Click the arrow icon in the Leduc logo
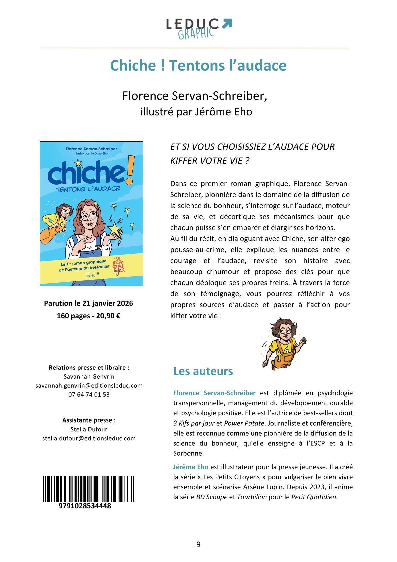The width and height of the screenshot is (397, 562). [x=227, y=24]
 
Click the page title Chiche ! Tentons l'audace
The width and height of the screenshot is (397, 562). [x=198, y=65]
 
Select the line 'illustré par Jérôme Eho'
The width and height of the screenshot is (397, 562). [x=196, y=112]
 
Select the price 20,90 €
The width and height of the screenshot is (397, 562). [x=108, y=316]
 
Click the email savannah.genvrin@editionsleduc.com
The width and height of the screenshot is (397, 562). [x=89, y=386]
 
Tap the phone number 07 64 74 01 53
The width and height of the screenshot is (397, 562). [x=89, y=395]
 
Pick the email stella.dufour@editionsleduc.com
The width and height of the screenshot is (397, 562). [x=89, y=438]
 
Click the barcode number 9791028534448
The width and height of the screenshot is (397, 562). [x=85, y=506]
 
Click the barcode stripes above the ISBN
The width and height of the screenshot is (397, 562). [x=88, y=489]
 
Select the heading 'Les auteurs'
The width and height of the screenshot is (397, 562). [x=203, y=371]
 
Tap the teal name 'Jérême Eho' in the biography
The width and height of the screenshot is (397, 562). [x=191, y=467]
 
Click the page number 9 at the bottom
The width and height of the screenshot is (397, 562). [x=198, y=545]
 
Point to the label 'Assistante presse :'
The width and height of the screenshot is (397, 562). [x=89, y=420]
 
